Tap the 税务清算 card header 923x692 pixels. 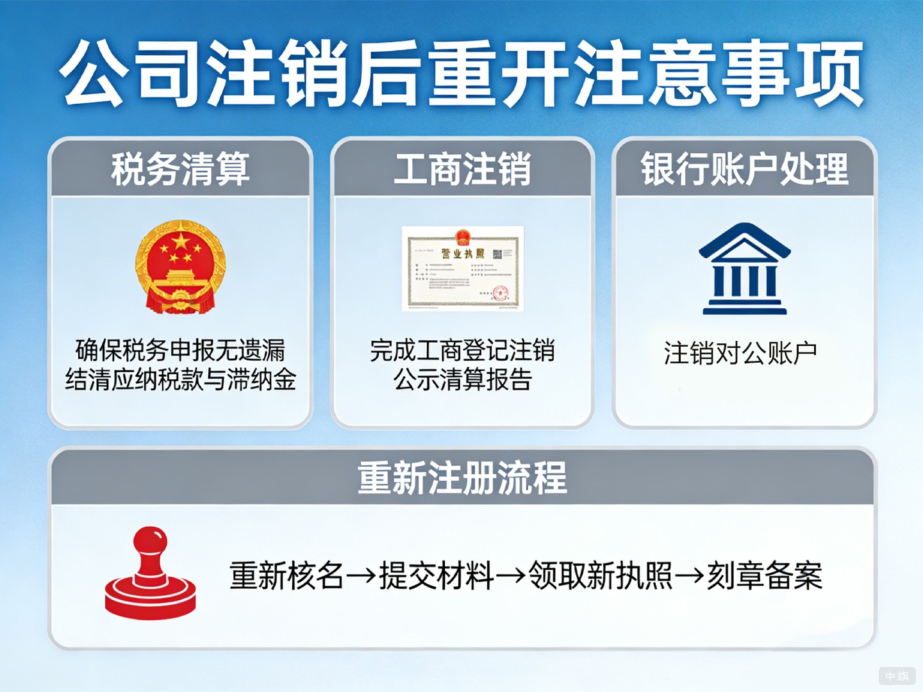180,169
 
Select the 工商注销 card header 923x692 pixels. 462,169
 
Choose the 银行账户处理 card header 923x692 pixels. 744,169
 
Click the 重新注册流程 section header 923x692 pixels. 462,477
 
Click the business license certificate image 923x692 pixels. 463,268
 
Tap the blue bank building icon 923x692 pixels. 744,268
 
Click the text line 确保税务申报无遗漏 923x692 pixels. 180,350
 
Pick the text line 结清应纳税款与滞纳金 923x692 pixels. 180,379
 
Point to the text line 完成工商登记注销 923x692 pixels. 462,350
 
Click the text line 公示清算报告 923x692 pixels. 462,379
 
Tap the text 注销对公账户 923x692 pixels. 740,353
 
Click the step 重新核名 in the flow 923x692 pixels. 287,575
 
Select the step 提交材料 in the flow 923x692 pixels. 437,575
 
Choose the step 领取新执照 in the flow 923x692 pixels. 601,575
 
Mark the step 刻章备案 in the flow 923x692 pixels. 764,575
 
